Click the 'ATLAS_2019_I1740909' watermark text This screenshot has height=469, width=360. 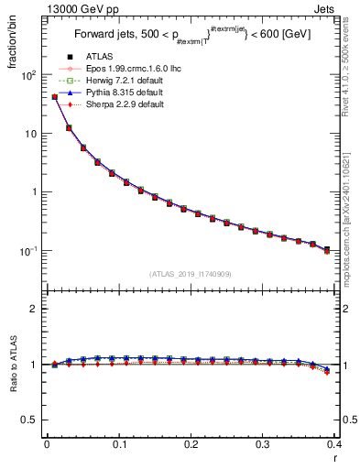click(x=191, y=274)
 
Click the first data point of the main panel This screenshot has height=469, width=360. click(x=54, y=96)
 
